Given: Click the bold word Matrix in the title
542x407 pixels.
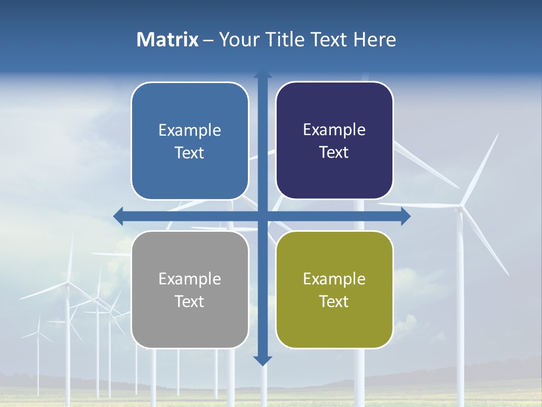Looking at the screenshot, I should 168,40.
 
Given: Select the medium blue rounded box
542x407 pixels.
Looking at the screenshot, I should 190,141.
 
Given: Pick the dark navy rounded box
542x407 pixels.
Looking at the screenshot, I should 334,141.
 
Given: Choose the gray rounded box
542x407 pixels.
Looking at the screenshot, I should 190,289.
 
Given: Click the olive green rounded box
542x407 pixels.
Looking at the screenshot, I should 334,289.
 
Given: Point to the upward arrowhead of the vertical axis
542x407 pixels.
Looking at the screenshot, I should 263,74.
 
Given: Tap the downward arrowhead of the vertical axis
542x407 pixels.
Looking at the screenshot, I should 263,360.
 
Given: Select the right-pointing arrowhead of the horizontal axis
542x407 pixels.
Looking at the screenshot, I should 405,217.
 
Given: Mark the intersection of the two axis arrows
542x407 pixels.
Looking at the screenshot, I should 263,217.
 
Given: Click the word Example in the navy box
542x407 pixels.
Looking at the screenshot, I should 334,130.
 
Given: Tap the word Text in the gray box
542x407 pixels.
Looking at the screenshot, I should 189,301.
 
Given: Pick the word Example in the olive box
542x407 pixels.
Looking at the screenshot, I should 334,279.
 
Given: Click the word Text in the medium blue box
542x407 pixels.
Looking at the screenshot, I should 189,153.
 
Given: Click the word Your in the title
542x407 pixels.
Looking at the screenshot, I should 237,40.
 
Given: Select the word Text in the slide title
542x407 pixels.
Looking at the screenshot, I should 329,40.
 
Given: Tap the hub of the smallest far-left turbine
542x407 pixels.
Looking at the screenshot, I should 38,332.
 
